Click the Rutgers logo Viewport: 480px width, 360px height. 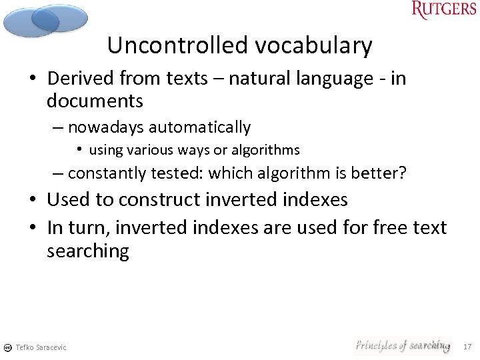coord(444,10)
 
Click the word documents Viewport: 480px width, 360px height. coord(95,101)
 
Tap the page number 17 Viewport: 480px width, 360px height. coord(467,347)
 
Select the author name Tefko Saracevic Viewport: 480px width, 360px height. coord(41,347)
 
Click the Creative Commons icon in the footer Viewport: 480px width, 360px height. coord(7,347)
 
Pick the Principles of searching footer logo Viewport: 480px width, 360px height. coord(402,345)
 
